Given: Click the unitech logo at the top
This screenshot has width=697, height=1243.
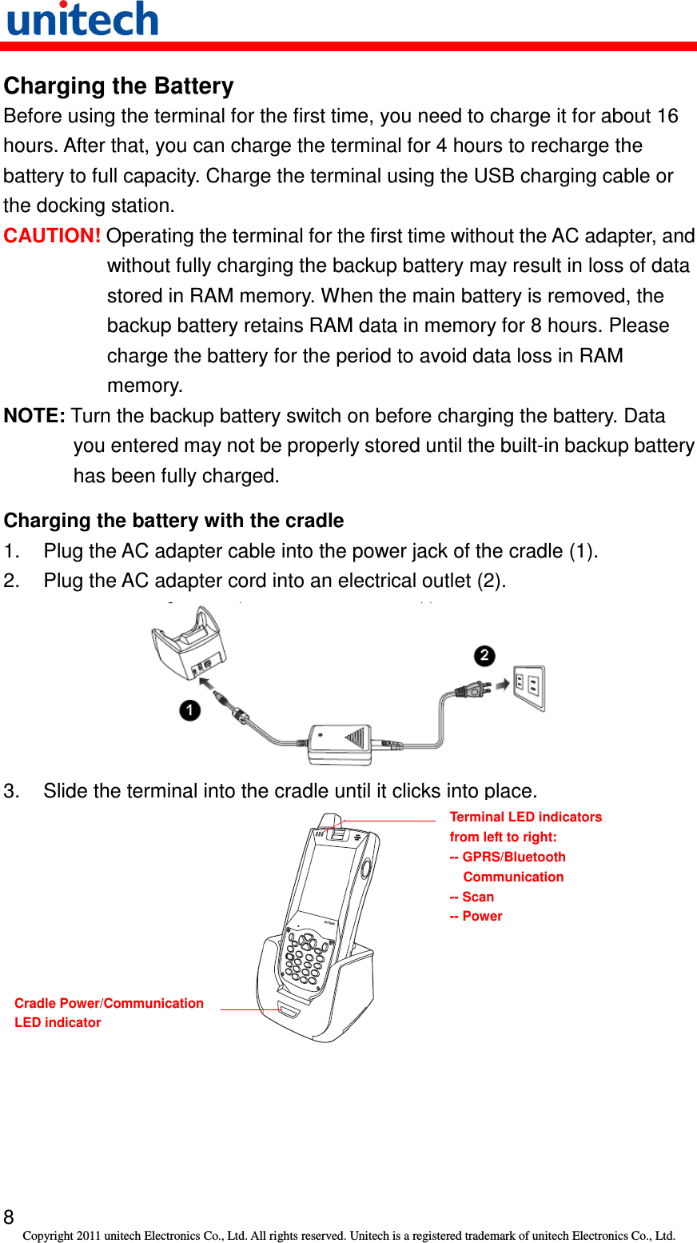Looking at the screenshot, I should tap(82, 19).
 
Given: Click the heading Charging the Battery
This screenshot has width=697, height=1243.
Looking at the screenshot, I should tap(118, 86).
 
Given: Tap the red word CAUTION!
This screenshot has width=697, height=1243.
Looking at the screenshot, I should tap(52, 236).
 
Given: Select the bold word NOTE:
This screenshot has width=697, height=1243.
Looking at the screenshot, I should tap(34, 416).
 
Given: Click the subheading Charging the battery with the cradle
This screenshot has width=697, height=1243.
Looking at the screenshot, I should tap(173, 521).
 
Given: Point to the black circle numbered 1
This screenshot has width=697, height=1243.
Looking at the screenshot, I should tap(189, 710).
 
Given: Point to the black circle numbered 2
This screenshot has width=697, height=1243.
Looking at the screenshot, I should tap(484, 656).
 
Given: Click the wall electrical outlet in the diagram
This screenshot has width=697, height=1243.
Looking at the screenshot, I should tap(529, 687).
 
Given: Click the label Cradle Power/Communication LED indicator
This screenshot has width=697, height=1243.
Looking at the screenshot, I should tap(109, 1013).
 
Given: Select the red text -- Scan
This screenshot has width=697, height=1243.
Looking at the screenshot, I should tap(472, 897).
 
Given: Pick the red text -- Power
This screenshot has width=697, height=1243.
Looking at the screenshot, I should tap(476, 917).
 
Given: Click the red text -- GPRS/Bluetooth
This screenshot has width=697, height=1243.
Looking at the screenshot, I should tap(508, 857).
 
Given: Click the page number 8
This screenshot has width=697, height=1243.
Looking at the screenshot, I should tap(9, 1217).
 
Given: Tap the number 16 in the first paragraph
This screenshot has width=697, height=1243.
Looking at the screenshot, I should tap(667, 116).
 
